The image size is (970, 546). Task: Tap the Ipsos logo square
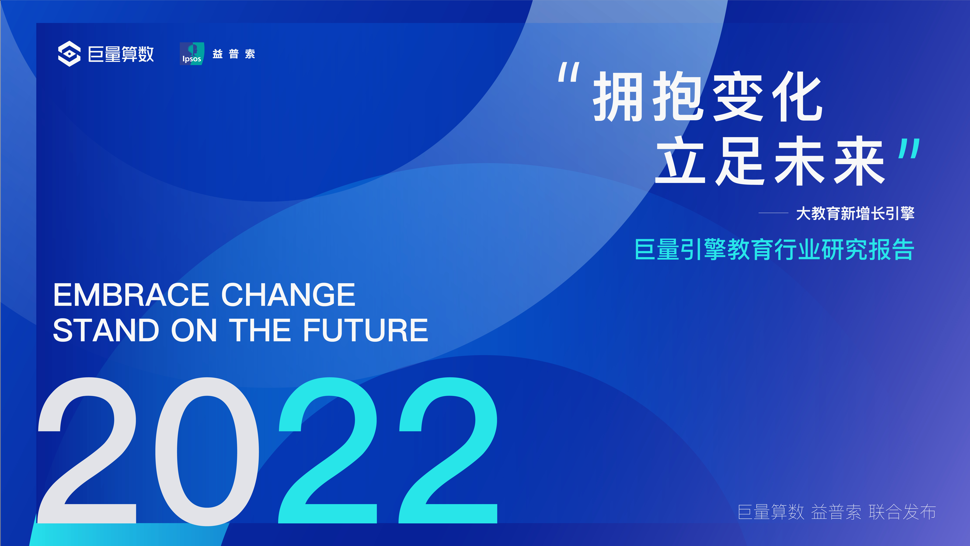click(x=192, y=54)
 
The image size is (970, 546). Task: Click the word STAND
click(x=106, y=330)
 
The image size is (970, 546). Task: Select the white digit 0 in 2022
click(x=207, y=451)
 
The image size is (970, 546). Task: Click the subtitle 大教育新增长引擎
click(x=855, y=213)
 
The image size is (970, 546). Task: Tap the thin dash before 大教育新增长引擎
click(x=773, y=213)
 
